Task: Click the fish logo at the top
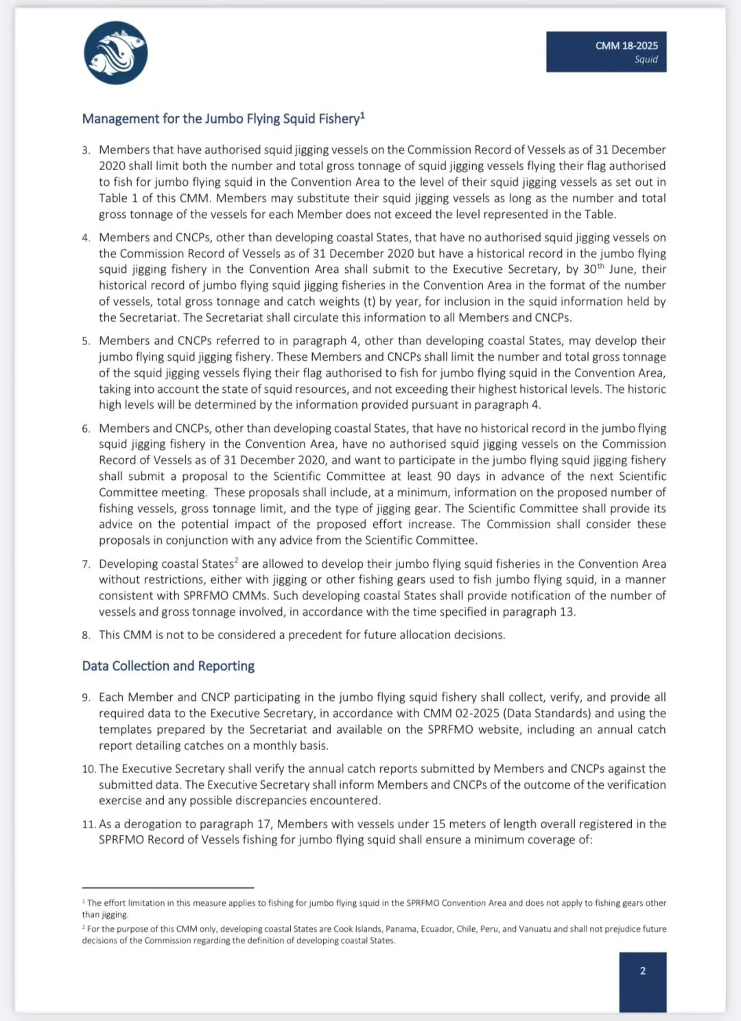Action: coord(115,53)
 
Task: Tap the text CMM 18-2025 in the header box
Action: coord(626,45)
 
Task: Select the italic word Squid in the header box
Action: coord(646,60)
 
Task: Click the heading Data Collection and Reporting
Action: coord(168,666)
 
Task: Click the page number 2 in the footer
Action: coord(642,971)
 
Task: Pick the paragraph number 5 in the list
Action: coord(86,341)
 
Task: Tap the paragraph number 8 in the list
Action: coord(86,636)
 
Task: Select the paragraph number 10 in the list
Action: coord(89,769)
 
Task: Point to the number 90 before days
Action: coord(444,477)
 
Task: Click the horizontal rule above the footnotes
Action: coord(167,888)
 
